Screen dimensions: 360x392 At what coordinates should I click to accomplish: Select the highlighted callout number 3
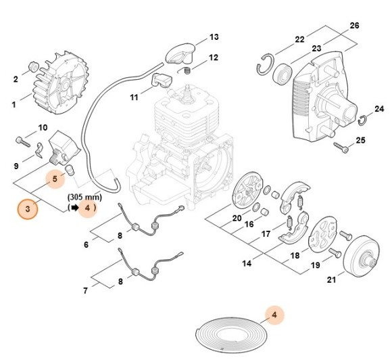[28, 209]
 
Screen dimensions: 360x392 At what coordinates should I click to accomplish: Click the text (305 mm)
[84, 197]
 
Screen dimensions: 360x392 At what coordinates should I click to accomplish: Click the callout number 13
[214, 37]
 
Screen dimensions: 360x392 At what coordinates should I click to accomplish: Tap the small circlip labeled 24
[362, 121]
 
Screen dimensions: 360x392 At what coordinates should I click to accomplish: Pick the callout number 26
[354, 26]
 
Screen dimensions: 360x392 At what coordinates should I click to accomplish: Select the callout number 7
[86, 291]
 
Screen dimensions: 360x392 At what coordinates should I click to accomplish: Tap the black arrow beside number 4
[73, 208]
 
